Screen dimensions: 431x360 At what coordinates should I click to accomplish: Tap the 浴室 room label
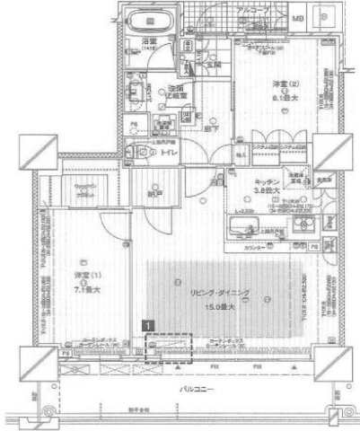point(148,43)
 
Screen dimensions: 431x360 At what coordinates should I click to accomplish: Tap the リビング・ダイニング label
point(219,295)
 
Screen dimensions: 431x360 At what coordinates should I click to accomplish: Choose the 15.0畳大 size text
point(219,306)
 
